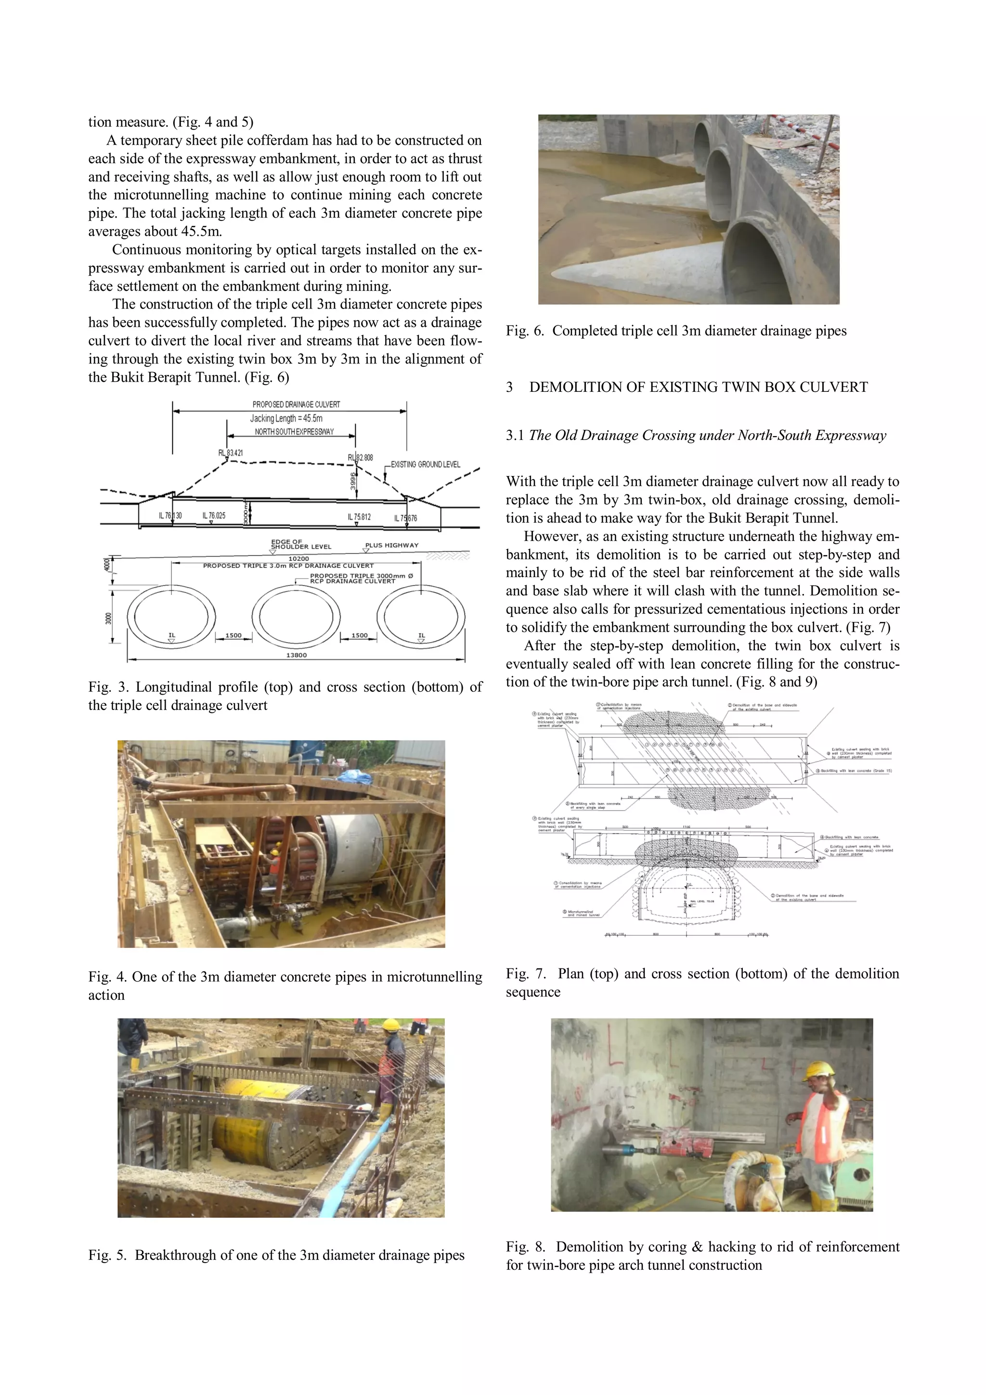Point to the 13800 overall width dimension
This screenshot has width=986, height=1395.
tap(297, 655)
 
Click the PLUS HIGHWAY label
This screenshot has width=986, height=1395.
tap(392, 545)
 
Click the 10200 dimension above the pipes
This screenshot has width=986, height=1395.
tap(298, 558)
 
